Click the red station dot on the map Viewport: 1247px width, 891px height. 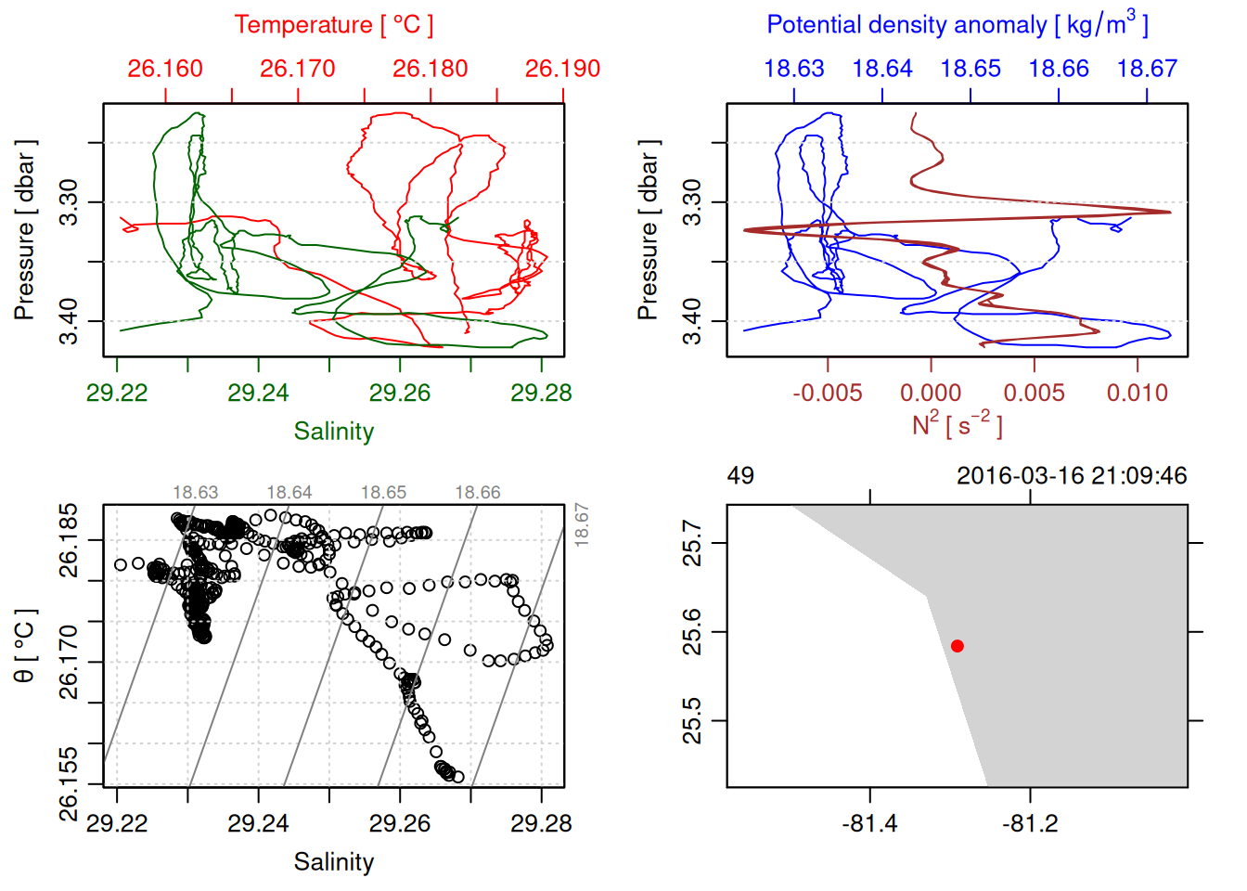tap(957, 646)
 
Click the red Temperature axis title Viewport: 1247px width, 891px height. tap(333, 25)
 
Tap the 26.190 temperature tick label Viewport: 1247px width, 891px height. tap(562, 69)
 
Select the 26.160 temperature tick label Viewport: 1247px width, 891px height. tap(165, 69)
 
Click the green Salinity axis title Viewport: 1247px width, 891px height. tap(333, 432)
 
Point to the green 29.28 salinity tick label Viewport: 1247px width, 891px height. tap(541, 394)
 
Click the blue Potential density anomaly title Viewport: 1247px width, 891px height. tap(957, 25)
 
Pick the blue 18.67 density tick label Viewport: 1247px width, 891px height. tap(1147, 69)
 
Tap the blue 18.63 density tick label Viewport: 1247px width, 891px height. tap(794, 69)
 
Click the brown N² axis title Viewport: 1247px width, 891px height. tap(957, 425)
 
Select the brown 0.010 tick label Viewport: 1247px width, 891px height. tap(1137, 394)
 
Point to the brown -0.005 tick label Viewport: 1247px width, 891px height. tap(828, 394)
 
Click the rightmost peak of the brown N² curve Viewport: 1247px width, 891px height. tap(1168, 213)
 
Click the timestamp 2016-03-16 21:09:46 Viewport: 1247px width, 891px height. tap(1072, 476)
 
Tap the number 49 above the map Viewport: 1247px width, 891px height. tap(740, 476)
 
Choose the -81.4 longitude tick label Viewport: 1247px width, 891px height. tap(869, 824)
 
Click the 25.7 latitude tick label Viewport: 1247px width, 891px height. tap(692, 543)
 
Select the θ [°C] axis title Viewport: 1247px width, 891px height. tap(25, 645)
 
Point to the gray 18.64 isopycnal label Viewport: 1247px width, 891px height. tap(289, 493)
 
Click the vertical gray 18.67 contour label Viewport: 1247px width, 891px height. tap(581, 523)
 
